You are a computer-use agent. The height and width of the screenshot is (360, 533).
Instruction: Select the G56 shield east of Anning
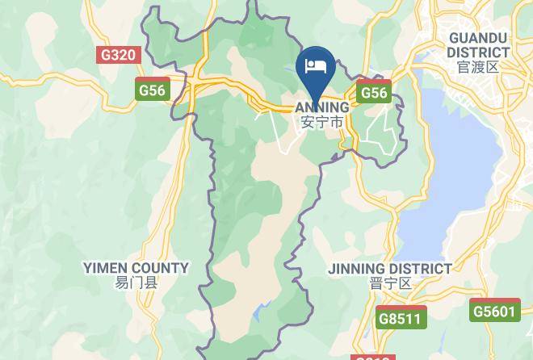point(374,92)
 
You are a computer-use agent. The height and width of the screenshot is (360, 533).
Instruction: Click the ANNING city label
point(322,107)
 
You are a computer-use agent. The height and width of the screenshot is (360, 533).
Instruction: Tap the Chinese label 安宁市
point(322,122)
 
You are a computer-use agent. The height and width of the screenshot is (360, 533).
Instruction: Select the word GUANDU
point(478,38)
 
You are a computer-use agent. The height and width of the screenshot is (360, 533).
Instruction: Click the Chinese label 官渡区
point(478,67)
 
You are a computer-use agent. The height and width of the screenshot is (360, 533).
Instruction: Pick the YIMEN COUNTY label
point(136,267)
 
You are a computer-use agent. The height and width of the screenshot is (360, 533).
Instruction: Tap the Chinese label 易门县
point(136,283)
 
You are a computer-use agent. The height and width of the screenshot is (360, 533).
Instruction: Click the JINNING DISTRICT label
point(390,268)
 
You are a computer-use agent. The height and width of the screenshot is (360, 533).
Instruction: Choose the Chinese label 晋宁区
point(390,283)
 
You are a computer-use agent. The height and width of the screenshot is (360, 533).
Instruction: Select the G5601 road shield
point(493,311)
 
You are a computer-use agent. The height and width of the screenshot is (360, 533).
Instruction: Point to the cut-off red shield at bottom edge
point(373,356)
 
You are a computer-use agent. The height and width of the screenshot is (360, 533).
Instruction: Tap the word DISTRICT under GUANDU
point(478,52)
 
